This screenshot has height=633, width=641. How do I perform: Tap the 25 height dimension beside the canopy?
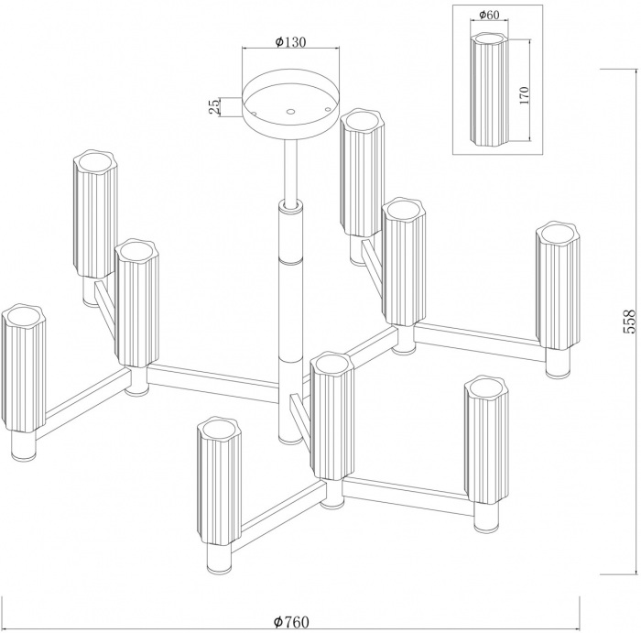(x=214, y=106)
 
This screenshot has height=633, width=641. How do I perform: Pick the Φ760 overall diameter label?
(x=290, y=622)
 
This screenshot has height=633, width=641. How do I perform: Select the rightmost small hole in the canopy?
(x=326, y=108)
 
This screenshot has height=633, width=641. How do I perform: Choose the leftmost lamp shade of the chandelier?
(x=23, y=368)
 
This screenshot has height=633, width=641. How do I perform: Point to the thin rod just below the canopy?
(x=290, y=169)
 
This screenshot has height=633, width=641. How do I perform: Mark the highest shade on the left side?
(x=95, y=214)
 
